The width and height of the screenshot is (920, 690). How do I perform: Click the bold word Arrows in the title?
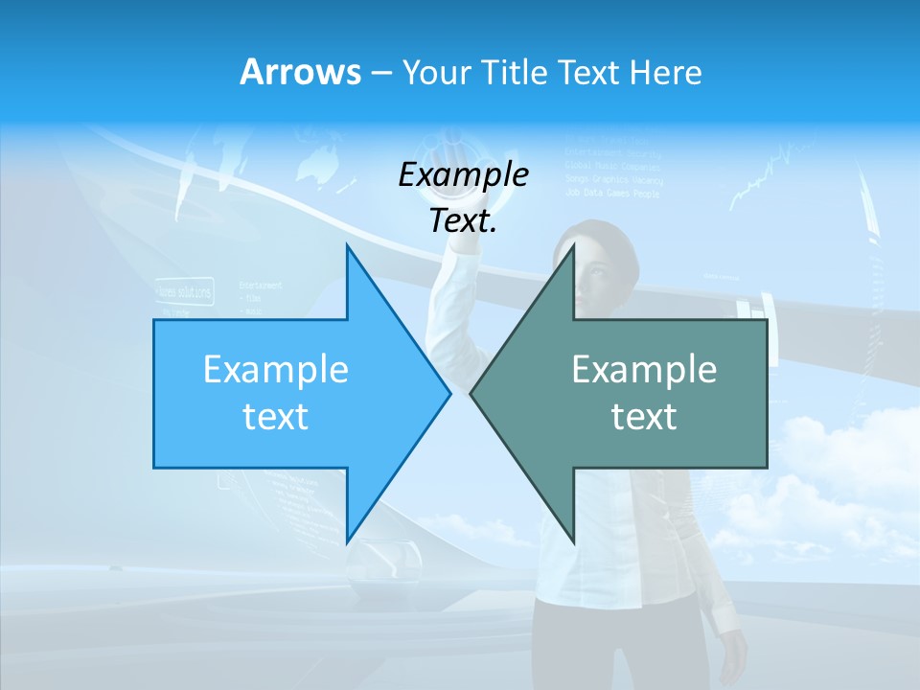[300, 72]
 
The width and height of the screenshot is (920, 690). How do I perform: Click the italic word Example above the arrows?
[463, 174]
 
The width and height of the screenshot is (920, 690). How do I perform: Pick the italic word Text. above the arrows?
[463, 220]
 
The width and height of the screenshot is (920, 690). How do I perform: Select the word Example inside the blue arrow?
[275, 370]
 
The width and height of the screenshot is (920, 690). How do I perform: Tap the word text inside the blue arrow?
[275, 416]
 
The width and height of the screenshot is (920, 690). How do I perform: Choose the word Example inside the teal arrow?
[644, 370]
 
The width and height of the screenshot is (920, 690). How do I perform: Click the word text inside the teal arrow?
[644, 416]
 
